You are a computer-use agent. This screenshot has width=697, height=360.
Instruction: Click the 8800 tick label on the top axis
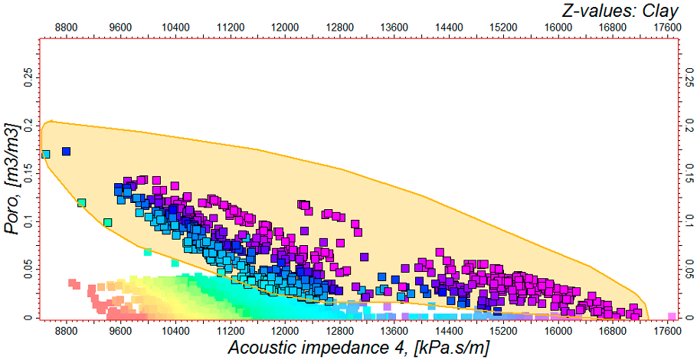coord(67,26)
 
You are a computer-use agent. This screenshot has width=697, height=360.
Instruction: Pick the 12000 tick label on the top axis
coord(285,26)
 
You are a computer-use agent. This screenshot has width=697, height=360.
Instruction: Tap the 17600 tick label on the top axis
coord(666,26)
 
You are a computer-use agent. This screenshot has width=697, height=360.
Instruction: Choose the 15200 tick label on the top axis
coord(502,26)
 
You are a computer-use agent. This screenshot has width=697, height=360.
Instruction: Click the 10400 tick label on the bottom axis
coord(176,332)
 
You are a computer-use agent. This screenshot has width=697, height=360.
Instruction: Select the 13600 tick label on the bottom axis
coord(394,332)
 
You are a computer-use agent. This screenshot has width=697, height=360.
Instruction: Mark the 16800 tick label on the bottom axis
coord(611,332)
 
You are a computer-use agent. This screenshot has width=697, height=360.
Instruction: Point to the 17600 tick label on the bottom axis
coord(666,332)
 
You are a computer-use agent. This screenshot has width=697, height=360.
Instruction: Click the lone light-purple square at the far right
coord(672,316)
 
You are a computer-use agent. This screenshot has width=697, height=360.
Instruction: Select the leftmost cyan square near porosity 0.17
coord(45,154)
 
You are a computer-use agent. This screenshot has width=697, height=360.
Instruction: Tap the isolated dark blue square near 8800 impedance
coord(66,152)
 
